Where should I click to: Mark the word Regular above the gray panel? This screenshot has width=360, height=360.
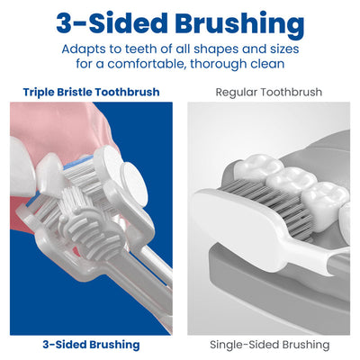[x=240, y=92]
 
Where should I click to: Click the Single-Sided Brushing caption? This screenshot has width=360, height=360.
[x=269, y=345]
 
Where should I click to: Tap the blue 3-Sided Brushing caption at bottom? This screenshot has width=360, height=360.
[x=90, y=345]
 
